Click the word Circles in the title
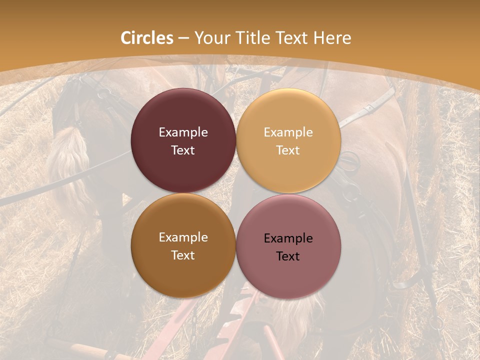pyautogui.click(x=147, y=38)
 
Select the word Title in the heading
pyautogui.click(x=255, y=38)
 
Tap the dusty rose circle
pyautogui.click(x=288, y=270)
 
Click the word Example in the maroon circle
pyautogui.click(x=183, y=132)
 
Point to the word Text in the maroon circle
pyautogui.click(x=183, y=150)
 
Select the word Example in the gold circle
pyautogui.click(x=288, y=132)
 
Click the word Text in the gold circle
pyautogui.click(x=288, y=150)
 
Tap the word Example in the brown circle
pyautogui.click(x=183, y=237)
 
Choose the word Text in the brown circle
pyautogui.click(x=183, y=255)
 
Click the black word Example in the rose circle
pyautogui.click(x=288, y=238)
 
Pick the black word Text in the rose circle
pyautogui.click(x=288, y=256)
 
